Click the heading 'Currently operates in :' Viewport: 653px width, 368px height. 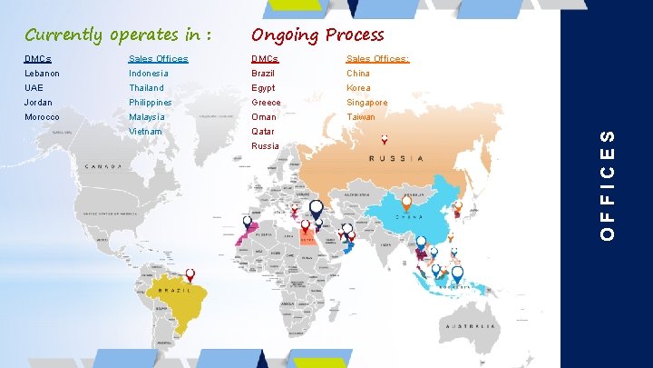[119, 35]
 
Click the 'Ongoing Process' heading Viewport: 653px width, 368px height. [317, 35]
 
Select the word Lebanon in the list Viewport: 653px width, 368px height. [41, 74]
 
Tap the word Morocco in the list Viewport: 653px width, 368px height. [42, 117]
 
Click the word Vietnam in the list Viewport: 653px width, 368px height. [145, 132]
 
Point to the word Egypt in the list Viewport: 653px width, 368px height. [263, 88]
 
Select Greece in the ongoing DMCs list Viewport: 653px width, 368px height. [266, 103]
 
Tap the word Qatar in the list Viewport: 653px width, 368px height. [263, 132]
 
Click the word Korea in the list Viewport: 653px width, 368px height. [357, 88]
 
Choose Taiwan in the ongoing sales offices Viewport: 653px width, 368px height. [360, 117]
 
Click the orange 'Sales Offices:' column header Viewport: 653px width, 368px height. [377, 59]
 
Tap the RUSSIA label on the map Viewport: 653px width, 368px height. [395, 158]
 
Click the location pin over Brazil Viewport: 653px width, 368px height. [190, 274]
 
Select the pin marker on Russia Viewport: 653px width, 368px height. [385, 140]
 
